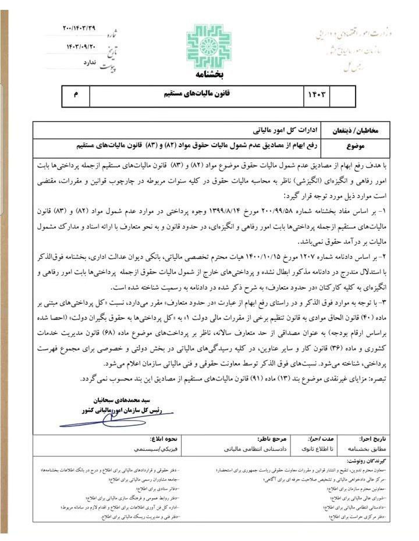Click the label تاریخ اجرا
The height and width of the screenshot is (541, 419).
click(359, 440)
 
